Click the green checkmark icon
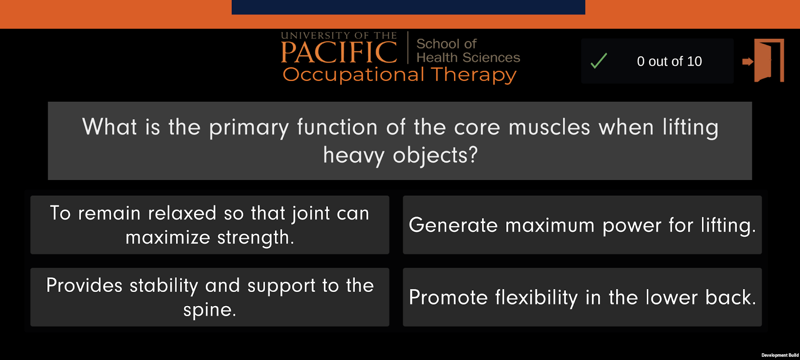(599, 61)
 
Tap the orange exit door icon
(764, 60)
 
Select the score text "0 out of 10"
(669, 61)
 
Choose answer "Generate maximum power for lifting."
(582, 225)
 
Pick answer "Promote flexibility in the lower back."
(582, 297)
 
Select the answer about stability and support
(210, 297)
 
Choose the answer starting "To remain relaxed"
(210, 225)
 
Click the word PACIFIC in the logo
(339, 52)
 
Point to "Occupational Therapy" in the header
(400, 75)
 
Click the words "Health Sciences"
(468, 58)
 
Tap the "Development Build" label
(780, 355)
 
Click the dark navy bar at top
(409, 7)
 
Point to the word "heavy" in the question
(354, 156)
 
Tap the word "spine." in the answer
(210, 310)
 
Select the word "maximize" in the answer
(168, 237)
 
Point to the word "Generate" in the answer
(453, 225)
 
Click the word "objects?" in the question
(435, 156)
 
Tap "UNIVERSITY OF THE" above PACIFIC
(339, 36)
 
